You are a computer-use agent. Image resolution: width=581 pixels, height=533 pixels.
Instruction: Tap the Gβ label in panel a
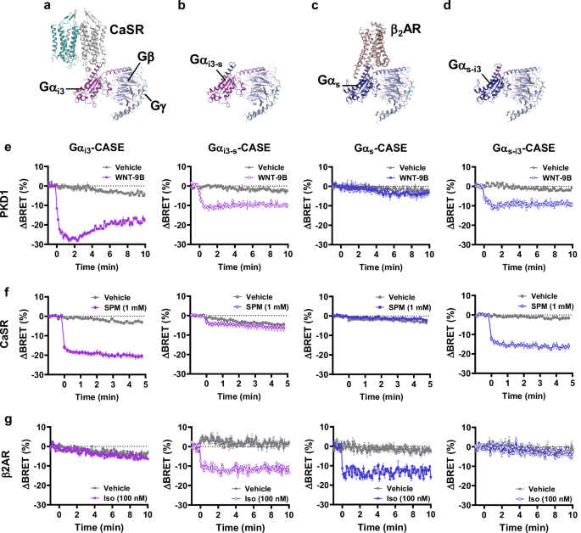[147, 56]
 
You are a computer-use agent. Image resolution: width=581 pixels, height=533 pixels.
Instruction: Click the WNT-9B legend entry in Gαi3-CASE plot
[123, 177]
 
